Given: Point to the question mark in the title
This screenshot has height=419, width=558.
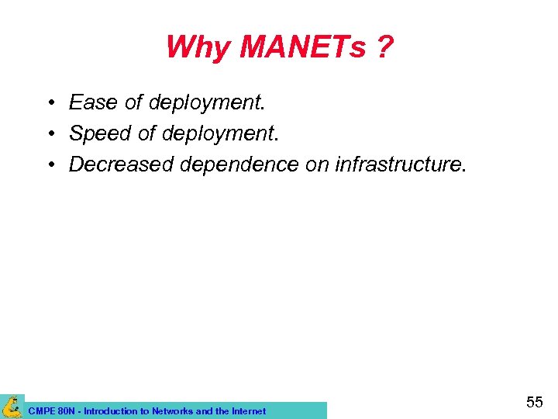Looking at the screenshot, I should [x=384, y=47].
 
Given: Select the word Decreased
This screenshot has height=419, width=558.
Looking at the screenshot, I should [x=122, y=164].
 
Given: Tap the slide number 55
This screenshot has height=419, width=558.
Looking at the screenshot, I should [x=534, y=402].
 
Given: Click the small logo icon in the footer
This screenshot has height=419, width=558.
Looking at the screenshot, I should [x=12, y=407].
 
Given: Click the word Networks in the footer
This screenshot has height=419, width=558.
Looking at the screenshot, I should [x=170, y=411].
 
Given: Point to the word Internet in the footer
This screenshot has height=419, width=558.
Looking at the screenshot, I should [x=246, y=411].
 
